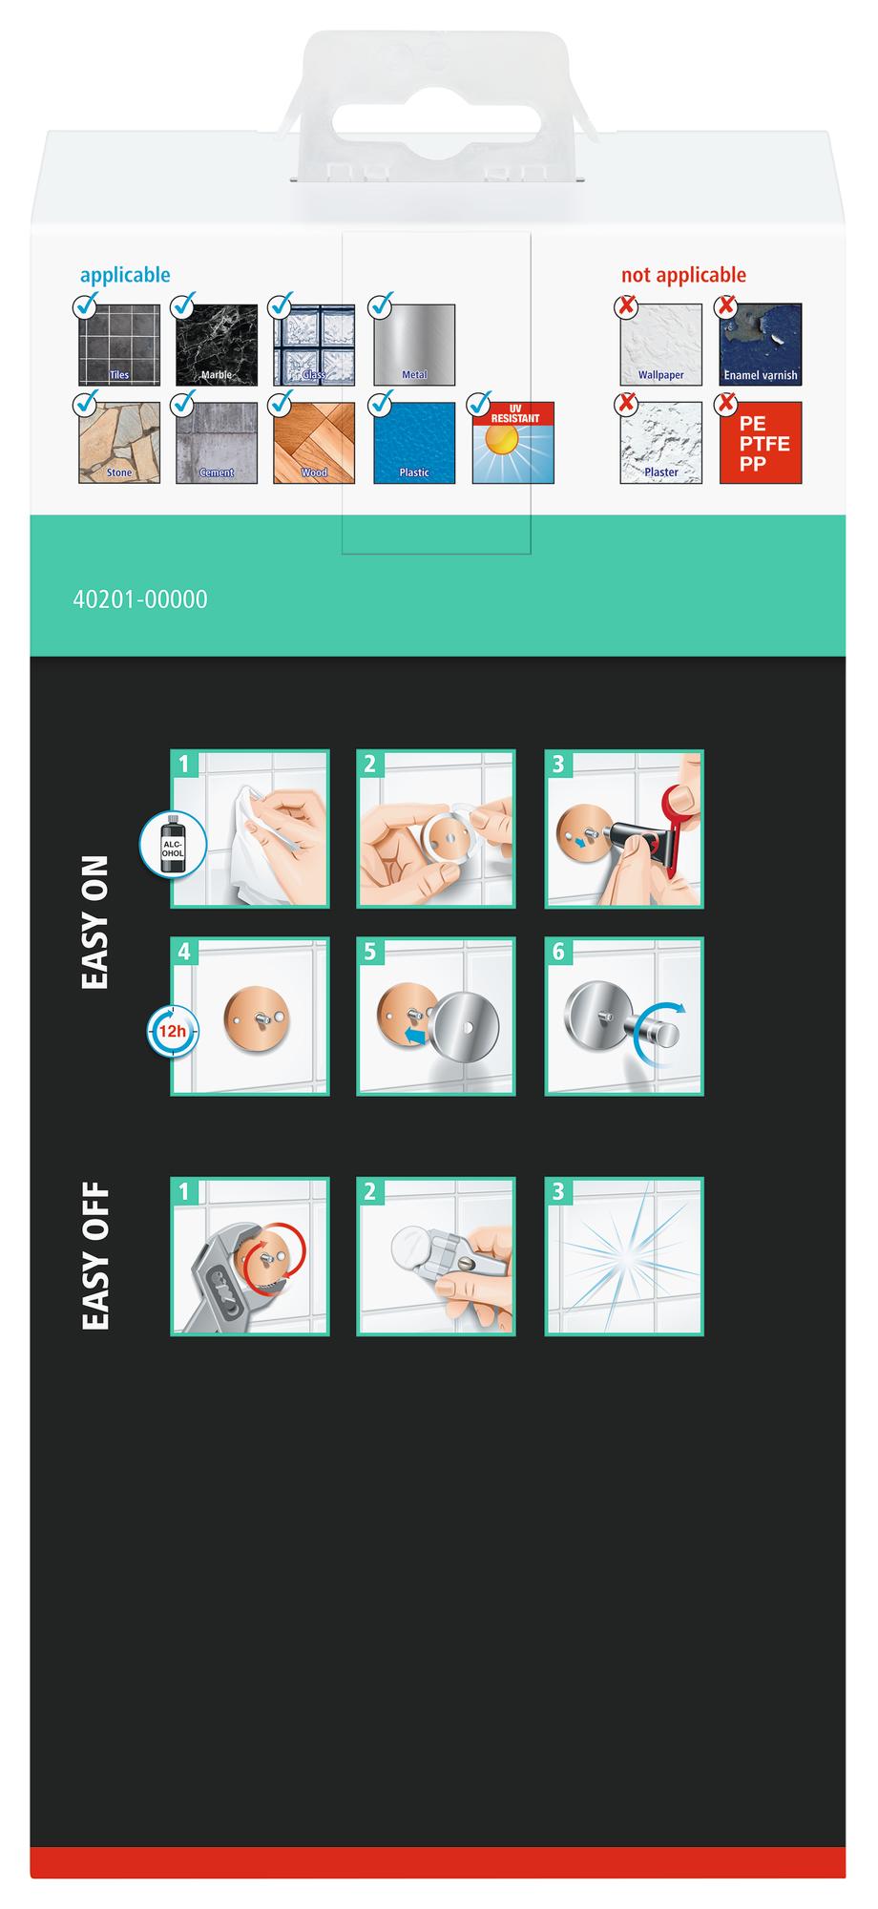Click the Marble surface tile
[x=217, y=345]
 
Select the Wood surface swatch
[x=314, y=443]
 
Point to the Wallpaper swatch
[x=660, y=345]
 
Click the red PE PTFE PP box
[x=761, y=443]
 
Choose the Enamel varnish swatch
[x=761, y=345]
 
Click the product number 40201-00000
[x=140, y=599]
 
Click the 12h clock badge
[x=173, y=1032]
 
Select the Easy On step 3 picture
[x=624, y=829]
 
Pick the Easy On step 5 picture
[x=436, y=1016]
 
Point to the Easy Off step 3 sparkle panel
[x=624, y=1256]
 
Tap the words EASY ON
[x=95, y=923]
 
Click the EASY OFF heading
[x=95, y=1257]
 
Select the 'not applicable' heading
[x=683, y=275]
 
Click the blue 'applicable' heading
[x=125, y=275]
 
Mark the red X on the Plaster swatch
[x=626, y=404]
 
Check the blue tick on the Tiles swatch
[x=85, y=305]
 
